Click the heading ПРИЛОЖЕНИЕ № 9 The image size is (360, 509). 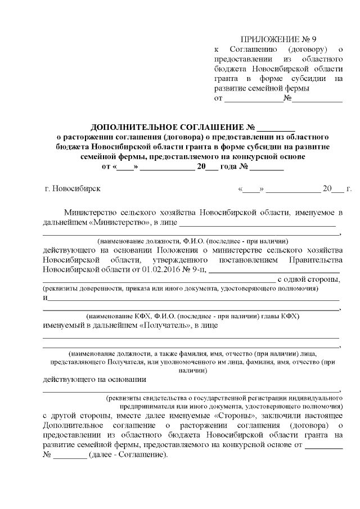pos(278,39)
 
